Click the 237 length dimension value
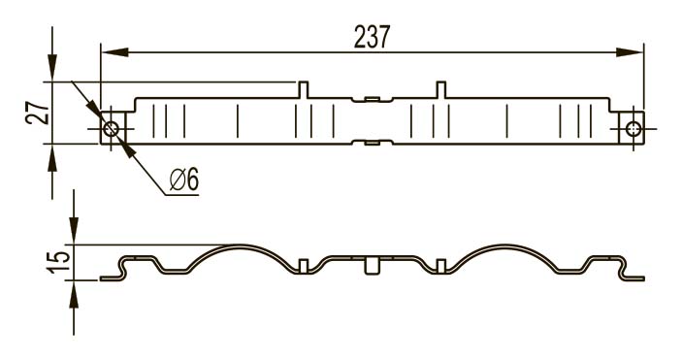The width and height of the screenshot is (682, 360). click(372, 37)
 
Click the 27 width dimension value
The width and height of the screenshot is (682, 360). click(38, 114)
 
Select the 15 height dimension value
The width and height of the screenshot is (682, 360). click(59, 263)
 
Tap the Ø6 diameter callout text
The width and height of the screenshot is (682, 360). click(184, 179)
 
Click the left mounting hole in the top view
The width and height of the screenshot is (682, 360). click(111, 129)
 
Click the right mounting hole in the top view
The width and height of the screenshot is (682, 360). click(633, 129)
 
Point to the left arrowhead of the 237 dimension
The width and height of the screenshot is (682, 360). click(114, 52)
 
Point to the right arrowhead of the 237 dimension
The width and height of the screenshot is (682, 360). click(630, 52)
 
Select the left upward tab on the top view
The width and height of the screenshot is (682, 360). click(304, 89)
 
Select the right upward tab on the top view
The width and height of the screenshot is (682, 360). click(441, 89)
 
